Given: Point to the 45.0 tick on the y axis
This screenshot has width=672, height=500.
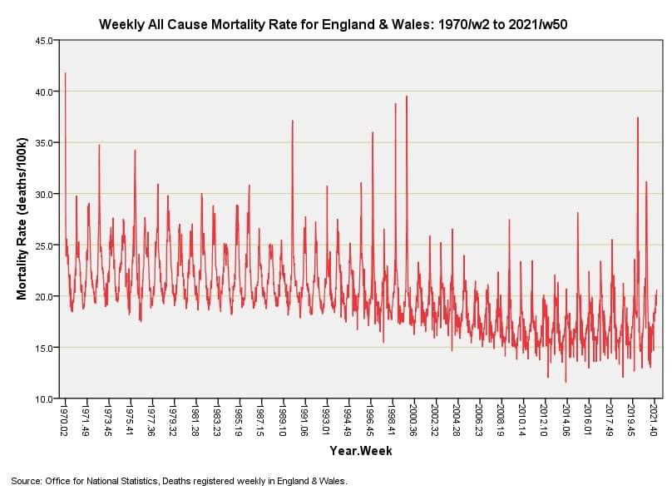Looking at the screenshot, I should coord(45,40).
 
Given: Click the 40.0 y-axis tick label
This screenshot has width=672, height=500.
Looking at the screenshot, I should coord(45,92).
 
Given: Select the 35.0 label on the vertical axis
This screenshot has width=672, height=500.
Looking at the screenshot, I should coord(45,143).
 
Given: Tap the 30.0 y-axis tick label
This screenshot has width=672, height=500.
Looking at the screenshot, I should coord(45,194).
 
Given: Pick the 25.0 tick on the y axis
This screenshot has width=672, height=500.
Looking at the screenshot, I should coord(45,245).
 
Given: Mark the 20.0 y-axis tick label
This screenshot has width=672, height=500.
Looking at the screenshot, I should coord(45,296).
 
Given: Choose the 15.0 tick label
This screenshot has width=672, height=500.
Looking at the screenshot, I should coord(45,348).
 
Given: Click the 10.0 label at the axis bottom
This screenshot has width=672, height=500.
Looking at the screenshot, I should coord(45,399).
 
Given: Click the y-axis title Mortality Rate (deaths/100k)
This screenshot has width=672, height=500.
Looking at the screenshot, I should coord(22,220).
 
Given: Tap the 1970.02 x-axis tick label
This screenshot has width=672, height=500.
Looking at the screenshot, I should coord(66,420).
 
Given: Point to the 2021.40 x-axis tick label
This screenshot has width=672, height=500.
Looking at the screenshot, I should coord(655,420).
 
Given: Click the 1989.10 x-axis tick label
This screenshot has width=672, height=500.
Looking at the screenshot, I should coord(284,420).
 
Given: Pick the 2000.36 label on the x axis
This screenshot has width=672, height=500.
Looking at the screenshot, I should coord(414,420).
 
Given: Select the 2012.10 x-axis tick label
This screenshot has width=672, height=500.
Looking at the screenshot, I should coord(545,420).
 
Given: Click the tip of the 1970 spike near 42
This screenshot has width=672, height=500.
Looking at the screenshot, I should coord(65,73).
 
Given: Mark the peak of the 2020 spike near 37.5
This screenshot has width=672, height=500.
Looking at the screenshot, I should coord(638,117).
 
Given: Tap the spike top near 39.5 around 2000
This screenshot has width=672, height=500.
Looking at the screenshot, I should coord(407,97).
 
